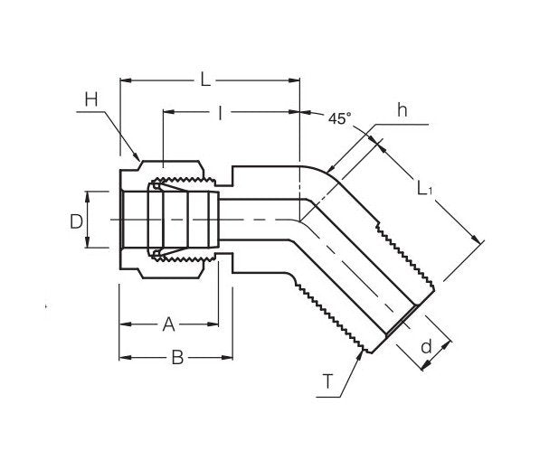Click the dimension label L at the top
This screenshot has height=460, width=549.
coord(205,80)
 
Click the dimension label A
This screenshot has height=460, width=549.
coord(168,324)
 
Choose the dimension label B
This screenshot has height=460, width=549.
coord(178,358)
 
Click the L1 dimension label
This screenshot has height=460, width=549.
coord(426,189)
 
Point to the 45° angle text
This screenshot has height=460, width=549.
coord(339,118)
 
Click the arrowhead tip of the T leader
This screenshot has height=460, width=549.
coord(364,352)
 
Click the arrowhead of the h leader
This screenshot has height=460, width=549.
coord(328,173)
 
